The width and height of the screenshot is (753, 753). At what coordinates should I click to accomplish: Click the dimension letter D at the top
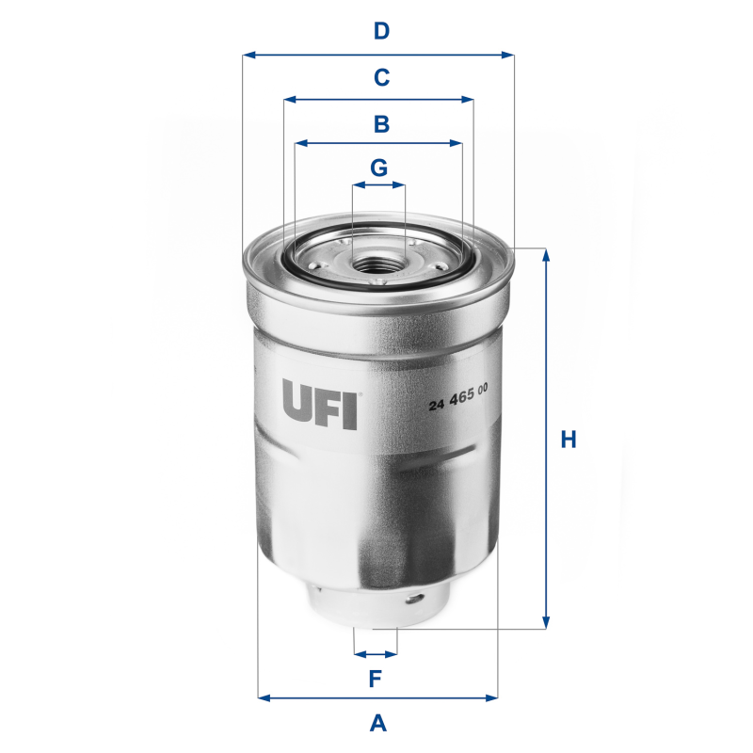[x=381, y=31]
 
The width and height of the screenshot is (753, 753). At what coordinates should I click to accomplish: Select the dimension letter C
[x=381, y=77]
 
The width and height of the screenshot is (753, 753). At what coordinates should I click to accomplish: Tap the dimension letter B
[x=381, y=123]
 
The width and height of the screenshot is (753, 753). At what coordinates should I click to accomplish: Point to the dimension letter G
[x=378, y=168]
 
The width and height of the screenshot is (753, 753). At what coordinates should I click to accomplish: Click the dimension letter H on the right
[x=568, y=440]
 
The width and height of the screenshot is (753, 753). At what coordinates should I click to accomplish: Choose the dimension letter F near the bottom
[x=375, y=678]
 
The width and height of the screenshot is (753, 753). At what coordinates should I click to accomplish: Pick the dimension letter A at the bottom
[x=378, y=723]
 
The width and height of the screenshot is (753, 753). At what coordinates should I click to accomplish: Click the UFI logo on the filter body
[x=319, y=404]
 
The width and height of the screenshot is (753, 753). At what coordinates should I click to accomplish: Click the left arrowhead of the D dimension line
[x=248, y=55]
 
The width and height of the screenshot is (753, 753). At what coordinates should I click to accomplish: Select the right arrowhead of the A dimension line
[x=492, y=698]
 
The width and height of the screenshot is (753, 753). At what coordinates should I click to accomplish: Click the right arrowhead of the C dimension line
[x=469, y=99]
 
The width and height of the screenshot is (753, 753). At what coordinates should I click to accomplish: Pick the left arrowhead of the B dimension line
[x=299, y=144]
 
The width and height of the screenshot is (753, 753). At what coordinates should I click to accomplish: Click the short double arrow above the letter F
[x=376, y=653]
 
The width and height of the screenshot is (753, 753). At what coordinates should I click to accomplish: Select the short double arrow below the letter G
[x=378, y=186]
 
